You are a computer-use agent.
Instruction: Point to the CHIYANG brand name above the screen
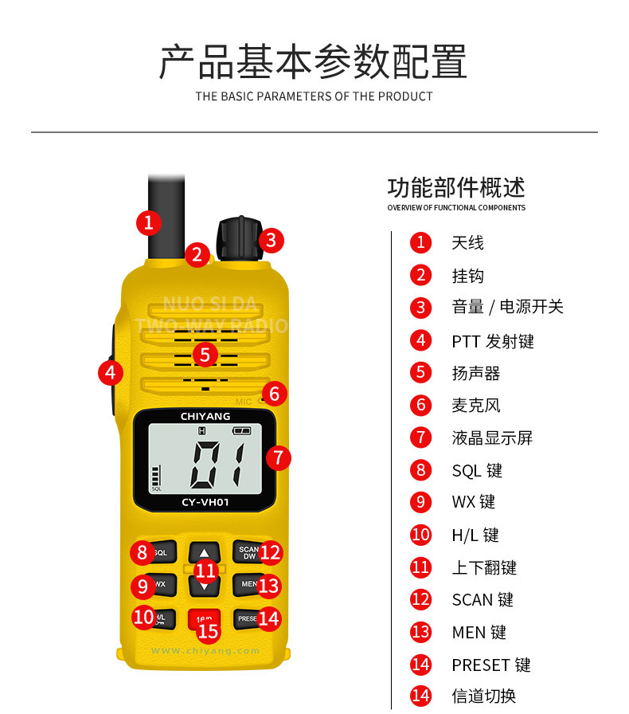coord(205,416)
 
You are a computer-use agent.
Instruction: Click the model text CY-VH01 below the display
coord(205,502)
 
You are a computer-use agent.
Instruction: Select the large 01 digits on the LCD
coord(217,465)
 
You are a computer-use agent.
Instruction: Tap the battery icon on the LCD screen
coord(241,431)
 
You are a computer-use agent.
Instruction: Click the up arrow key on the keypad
coord(205,551)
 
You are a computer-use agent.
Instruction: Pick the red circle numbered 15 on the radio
coord(208,631)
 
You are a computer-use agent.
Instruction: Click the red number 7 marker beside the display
coord(277,457)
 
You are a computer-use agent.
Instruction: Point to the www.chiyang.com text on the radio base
coord(205,651)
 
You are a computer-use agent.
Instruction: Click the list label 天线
coord(467,243)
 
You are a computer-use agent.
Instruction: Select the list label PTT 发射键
coord(493,341)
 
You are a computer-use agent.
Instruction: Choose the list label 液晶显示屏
coord(492,437)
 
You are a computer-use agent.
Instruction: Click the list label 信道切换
coord(484,696)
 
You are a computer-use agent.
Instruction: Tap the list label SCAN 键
coord(482,599)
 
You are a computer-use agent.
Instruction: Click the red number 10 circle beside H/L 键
coord(420,535)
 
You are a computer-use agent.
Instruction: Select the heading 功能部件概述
coord(456,188)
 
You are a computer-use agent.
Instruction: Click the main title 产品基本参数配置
coord(313,62)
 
